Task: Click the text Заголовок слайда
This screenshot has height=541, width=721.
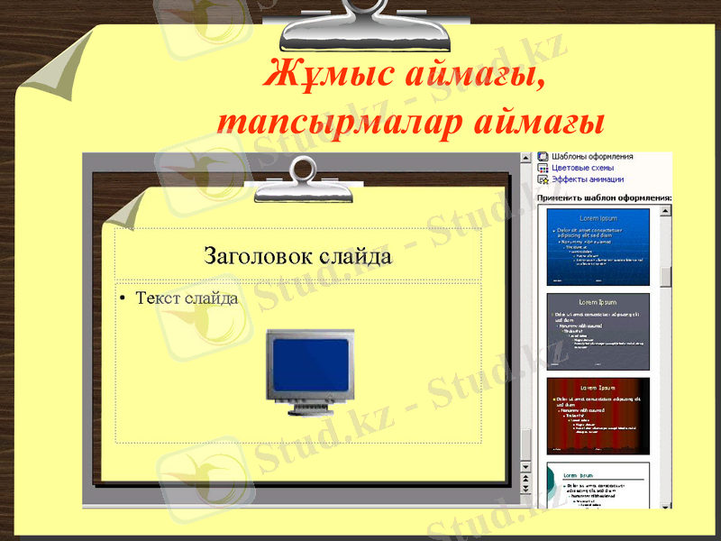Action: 298,256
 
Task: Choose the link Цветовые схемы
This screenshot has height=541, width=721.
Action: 582,168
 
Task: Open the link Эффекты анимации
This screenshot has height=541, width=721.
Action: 588,179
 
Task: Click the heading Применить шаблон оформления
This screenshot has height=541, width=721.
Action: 604,197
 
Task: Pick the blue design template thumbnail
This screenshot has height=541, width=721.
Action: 598,246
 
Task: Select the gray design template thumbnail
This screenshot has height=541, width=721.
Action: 598,331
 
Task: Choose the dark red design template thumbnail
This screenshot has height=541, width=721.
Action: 598,415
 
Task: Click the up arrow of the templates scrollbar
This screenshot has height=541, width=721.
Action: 666,211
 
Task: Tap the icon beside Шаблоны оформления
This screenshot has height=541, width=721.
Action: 543,156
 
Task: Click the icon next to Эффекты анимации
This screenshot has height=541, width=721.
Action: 543,179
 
